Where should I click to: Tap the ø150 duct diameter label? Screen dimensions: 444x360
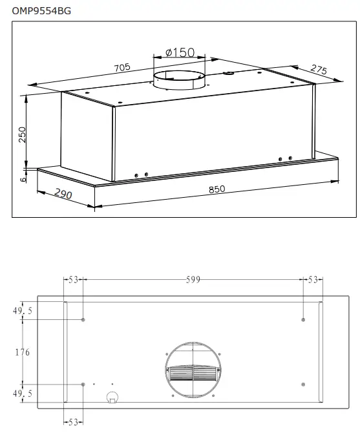point(180,52)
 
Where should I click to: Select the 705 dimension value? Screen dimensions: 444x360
point(122,67)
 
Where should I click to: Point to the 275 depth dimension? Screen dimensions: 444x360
point(318,70)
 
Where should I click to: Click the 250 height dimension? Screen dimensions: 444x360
point(22,134)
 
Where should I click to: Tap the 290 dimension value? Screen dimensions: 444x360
point(63,193)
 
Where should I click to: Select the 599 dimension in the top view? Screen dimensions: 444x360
point(193,280)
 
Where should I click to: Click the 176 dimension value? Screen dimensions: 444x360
point(22,352)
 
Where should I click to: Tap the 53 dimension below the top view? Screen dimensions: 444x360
point(73,423)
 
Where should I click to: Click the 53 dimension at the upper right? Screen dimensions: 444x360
point(313,280)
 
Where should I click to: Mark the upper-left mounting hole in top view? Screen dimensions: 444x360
point(83,320)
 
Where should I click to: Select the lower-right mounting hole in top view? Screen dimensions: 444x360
point(303,385)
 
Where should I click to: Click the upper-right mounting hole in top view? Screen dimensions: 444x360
point(303,320)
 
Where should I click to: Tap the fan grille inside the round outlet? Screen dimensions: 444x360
point(193,375)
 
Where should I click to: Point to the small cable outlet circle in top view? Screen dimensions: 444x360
point(112,396)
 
